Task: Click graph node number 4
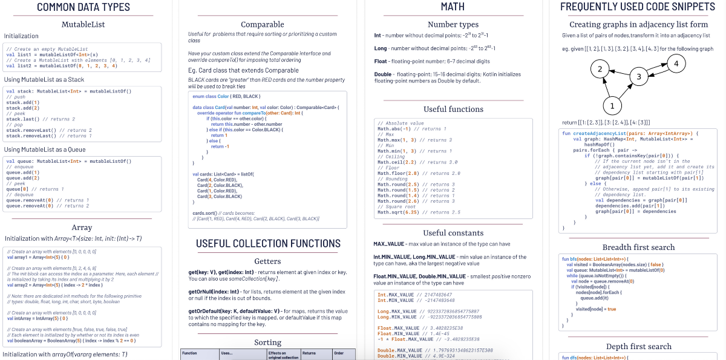pos(676,64)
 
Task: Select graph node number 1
pos(612,106)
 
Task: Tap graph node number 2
pos(600,69)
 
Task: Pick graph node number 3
pos(638,77)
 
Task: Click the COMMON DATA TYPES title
pos(83,7)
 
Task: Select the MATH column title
pos(453,7)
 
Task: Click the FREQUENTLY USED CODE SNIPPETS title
pos(638,7)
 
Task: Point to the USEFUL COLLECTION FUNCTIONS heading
pos(268,243)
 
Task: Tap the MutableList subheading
pos(83,25)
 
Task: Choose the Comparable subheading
pos(263,25)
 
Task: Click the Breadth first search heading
pos(638,247)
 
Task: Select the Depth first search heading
pos(638,347)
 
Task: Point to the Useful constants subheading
pos(453,233)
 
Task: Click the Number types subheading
pos(453,25)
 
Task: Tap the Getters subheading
pos(267,261)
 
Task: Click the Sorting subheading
pos(267,342)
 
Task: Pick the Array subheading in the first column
pos(82,227)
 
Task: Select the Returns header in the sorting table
pos(309,353)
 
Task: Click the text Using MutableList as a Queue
pos(45,149)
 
